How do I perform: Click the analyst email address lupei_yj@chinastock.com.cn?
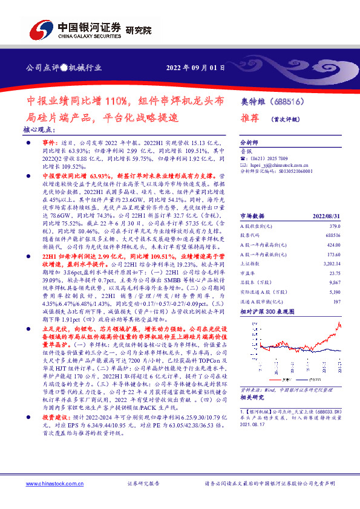click(x=278, y=164)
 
